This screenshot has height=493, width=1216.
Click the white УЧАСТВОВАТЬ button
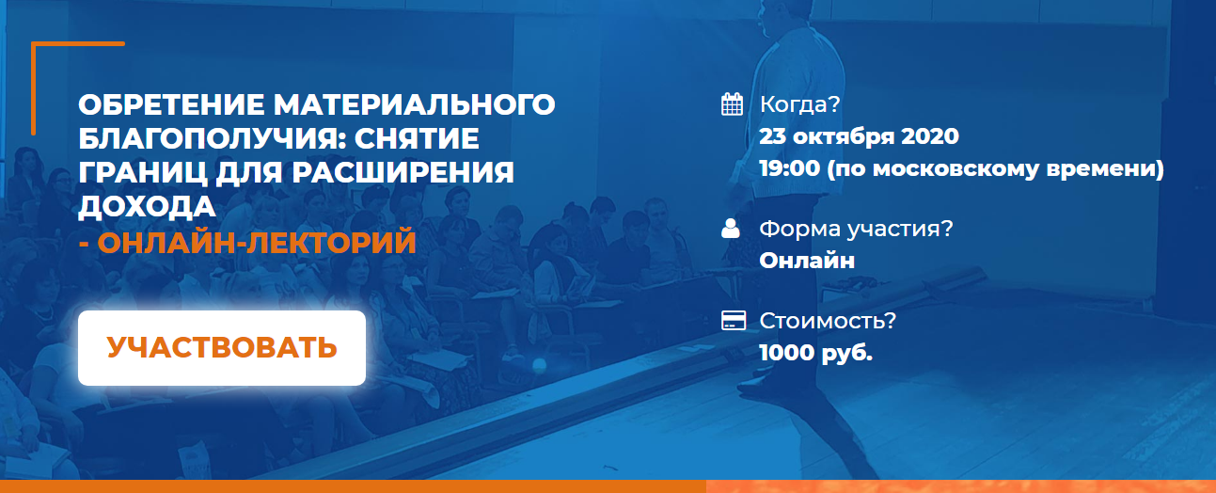pos(222,347)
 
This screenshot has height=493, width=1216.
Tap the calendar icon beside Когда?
pos(732,104)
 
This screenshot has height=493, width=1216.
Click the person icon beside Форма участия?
pos(731,228)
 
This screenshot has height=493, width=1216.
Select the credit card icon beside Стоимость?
pos(734,320)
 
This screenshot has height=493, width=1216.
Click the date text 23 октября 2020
pos(859,136)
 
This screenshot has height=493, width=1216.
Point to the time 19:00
pos(790,168)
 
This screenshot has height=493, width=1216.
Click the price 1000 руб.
pos(816,353)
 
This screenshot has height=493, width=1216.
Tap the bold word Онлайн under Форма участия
pos(807,262)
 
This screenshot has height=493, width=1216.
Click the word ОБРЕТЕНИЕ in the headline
pos(171,104)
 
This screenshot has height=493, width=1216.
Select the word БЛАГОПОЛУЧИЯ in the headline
pos(210,138)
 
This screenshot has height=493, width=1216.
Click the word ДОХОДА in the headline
pos(147,207)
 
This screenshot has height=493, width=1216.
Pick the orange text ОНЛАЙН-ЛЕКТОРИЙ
pos(257,242)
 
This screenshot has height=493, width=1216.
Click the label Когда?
pos(799,104)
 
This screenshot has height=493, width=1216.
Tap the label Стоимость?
pos(828,321)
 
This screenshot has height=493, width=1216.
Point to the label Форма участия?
pos(856,230)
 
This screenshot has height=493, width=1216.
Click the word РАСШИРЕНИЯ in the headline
pos(403,173)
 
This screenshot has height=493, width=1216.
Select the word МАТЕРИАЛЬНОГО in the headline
pos(414,104)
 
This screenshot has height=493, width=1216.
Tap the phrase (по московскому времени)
pos(996,168)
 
